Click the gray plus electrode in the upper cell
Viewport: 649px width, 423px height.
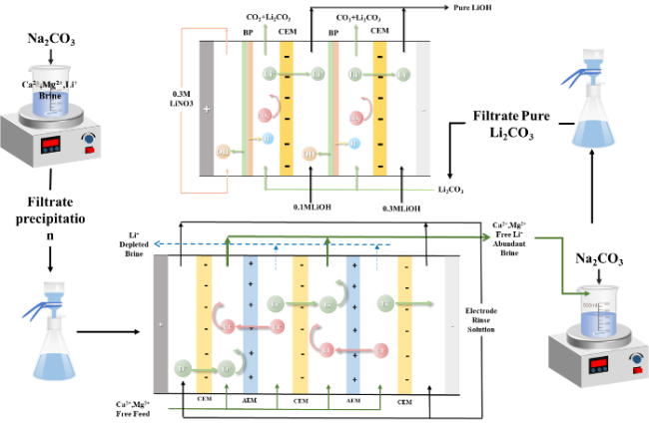(x=207, y=108)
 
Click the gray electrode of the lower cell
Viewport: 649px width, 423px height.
(x=161, y=323)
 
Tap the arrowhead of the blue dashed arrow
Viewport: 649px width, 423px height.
(x=154, y=243)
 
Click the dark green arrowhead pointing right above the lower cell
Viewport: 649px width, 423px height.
(x=486, y=237)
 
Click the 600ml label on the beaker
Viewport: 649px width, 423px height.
(x=589, y=305)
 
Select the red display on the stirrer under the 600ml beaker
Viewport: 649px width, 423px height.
(x=599, y=366)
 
